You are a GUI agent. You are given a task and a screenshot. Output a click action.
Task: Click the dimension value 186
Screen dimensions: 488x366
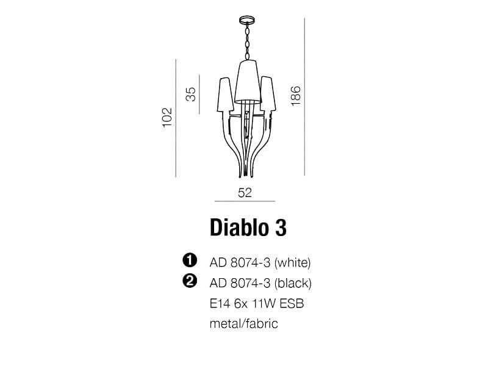[295, 96]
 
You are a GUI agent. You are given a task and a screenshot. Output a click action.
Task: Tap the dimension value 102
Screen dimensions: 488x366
[167, 117]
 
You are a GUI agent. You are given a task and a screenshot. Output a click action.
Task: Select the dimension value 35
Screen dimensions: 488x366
[191, 95]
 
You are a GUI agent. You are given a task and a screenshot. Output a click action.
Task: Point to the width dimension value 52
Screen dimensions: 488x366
[245, 193]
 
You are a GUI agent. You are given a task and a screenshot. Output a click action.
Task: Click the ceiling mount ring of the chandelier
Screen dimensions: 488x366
[247, 21]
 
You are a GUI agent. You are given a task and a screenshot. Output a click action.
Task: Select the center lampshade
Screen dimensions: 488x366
[248, 82]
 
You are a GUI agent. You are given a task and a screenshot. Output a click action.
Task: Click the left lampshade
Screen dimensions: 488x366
[225, 95]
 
